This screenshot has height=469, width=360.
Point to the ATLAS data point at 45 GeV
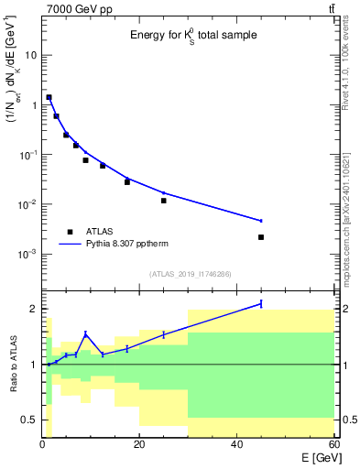tap(261, 237)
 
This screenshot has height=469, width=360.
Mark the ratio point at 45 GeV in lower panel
tap(261, 303)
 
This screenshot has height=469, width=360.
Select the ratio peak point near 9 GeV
tap(85, 334)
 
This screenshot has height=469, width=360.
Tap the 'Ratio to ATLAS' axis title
tap(12, 365)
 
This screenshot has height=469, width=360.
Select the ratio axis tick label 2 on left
tap(33, 309)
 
